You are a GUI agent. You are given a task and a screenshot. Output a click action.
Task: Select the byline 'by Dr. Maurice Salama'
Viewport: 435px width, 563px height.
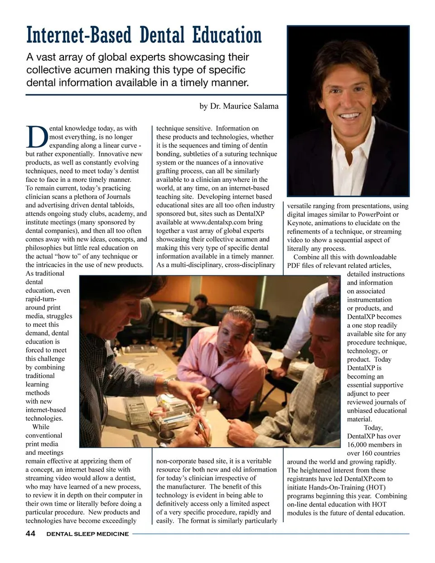coord(239,106)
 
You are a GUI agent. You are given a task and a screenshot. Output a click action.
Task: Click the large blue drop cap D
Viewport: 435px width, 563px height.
coord(36,136)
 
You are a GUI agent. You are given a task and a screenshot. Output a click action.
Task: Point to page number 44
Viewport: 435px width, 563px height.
coord(30,534)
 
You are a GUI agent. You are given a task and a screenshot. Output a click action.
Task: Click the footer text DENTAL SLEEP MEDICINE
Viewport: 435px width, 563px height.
coord(87,534)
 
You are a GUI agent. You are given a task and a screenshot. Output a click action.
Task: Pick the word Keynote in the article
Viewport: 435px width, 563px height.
coord(300,223)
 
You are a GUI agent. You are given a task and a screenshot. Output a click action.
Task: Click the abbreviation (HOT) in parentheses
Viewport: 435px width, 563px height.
coord(374,487)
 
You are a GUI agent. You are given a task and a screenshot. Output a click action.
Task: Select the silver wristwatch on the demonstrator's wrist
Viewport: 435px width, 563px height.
coord(167,386)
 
